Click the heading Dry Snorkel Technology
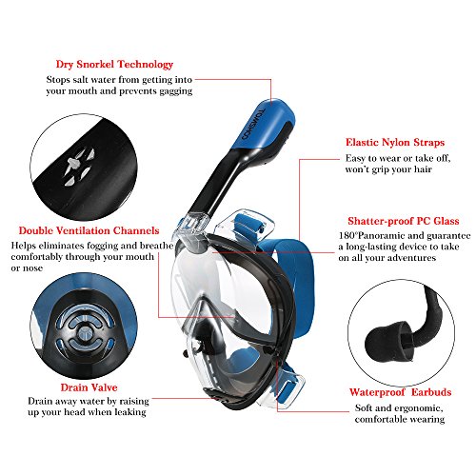coord(114,65)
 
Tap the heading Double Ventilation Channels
coord(89,230)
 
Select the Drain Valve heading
coord(89,387)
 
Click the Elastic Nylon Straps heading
coord(395,143)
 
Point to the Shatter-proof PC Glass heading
coord(404,221)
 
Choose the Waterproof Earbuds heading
coord(401,392)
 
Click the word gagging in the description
coord(176,91)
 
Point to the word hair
coord(423,169)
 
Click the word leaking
coord(130,412)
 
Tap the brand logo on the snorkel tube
coord(253,125)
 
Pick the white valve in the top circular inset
coord(79,167)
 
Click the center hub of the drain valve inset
coord(85,332)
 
